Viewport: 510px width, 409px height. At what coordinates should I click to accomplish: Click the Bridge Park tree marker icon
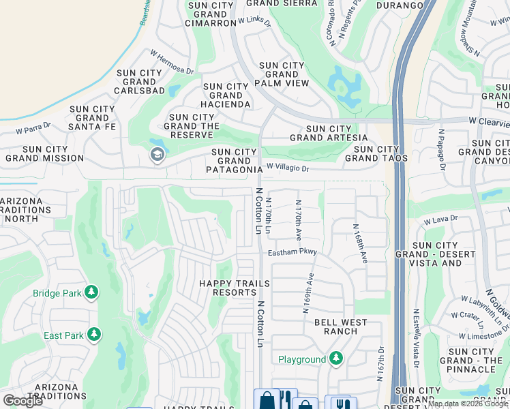(91, 293)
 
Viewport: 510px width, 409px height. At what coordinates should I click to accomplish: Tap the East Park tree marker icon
(93, 335)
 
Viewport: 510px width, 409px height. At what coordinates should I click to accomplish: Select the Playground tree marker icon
(335, 359)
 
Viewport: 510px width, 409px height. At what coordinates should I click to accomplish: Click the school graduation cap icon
(157, 155)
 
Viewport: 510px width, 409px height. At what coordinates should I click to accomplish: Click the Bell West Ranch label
(341, 327)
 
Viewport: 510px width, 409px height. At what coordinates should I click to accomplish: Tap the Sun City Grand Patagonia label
(236, 161)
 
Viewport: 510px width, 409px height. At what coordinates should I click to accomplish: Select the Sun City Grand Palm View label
(284, 74)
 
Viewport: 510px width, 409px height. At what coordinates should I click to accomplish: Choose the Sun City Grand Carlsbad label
(140, 82)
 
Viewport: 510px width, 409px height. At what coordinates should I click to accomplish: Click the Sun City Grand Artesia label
(329, 133)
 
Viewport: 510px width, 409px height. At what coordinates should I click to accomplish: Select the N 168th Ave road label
(360, 243)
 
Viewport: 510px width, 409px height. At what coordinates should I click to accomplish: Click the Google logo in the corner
(23, 401)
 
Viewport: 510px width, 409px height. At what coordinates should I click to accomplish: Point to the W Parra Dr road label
(35, 128)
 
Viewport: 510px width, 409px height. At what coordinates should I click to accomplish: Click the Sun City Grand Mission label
(45, 153)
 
